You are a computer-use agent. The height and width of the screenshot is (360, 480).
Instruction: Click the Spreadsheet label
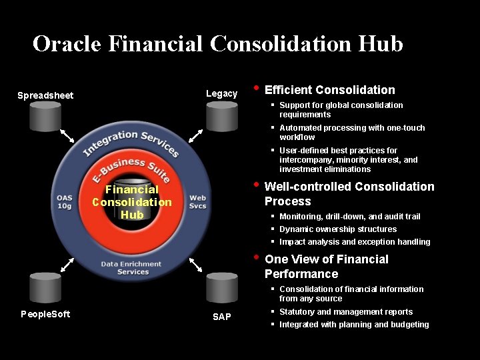(45, 95)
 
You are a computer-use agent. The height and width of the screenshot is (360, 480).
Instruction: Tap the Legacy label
(221, 93)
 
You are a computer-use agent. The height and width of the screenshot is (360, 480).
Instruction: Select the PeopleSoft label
(45, 313)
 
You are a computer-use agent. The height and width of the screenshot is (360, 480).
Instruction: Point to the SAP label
(222, 317)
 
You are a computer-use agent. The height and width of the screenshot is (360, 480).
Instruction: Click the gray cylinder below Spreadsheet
(45, 118)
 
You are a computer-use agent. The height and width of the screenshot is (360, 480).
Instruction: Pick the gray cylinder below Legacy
(222, 118)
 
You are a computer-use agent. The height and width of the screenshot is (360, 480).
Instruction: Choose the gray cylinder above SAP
(222, 287)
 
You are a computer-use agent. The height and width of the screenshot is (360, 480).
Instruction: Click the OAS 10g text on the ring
(65, 201)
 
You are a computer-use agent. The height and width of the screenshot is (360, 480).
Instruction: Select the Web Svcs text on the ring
(197, 201)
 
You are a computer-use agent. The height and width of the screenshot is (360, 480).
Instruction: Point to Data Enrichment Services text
(131, 268)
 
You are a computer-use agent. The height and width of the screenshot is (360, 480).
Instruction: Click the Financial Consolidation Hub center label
(132, 202)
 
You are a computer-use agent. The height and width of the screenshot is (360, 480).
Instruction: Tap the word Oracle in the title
(66, 44)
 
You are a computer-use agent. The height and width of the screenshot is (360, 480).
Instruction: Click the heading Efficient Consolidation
(329, 90)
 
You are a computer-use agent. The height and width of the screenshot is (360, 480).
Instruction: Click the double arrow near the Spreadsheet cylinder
(67, 135)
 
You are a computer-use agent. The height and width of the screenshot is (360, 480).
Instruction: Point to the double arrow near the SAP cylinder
(196, 264)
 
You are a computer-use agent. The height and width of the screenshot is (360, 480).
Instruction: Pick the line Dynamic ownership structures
(337, 229)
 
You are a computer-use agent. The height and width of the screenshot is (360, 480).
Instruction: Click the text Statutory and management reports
(345, 312)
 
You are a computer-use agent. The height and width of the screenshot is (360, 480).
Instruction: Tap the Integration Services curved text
(131, 143)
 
